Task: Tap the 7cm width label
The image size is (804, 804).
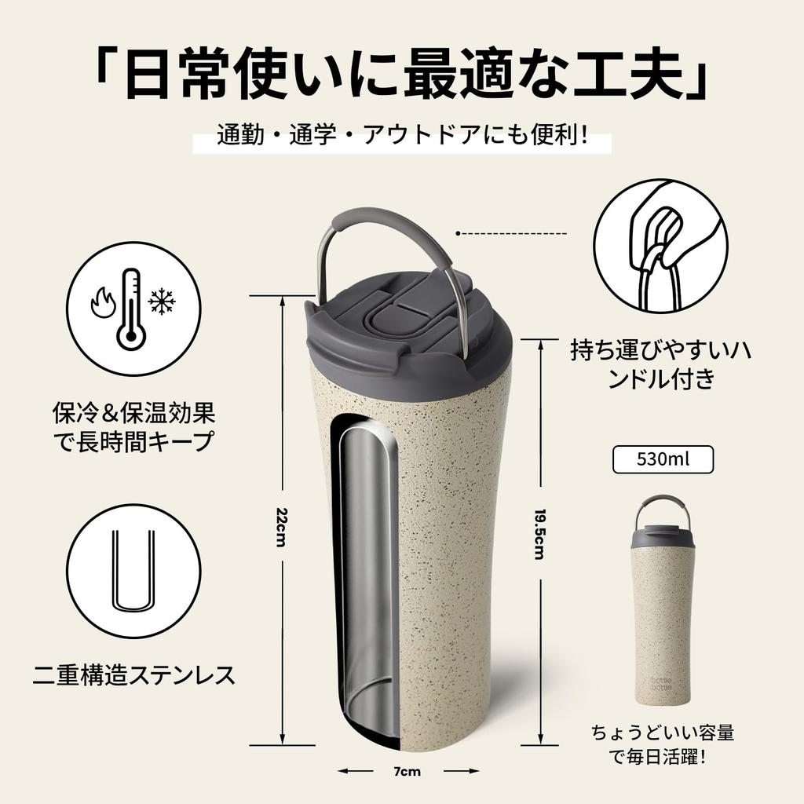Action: point(406,771)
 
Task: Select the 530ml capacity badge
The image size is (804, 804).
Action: point(663,459)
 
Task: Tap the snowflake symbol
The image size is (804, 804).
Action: point(163,301)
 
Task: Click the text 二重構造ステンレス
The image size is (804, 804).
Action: point(133,674)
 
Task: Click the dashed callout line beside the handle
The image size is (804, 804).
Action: point(511,233)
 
